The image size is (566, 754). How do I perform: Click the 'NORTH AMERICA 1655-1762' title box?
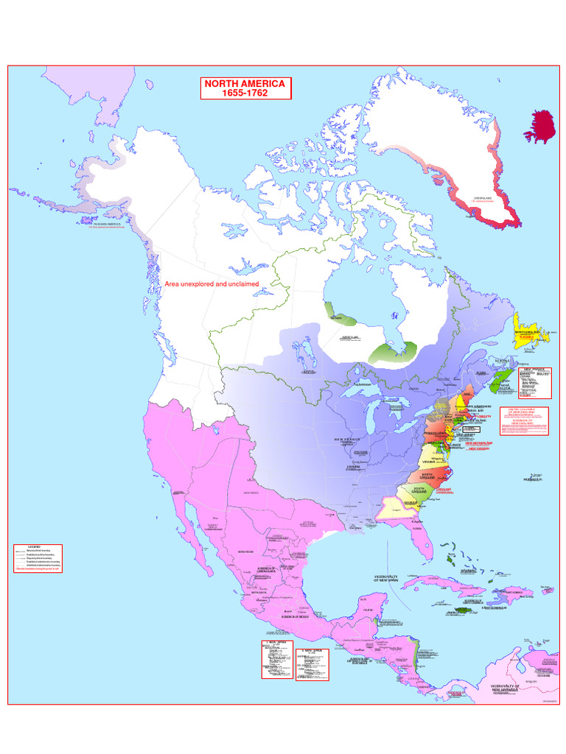click(x=246, y=88)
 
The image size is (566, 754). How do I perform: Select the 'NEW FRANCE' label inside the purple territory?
click(x=348, y=439)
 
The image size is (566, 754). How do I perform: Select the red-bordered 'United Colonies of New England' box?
click(x=524, y=419)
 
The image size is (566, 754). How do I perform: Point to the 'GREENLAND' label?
click(x=483, y=197)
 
